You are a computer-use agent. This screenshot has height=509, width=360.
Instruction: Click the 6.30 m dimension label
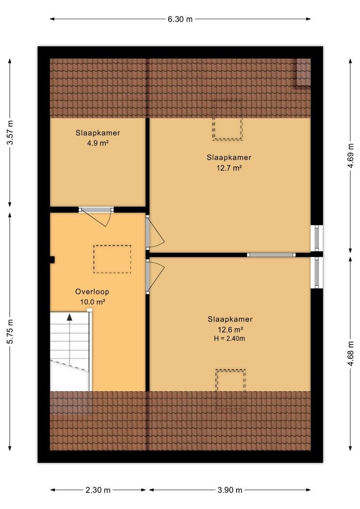(180, 19)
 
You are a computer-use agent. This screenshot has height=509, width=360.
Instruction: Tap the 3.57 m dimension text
(10, 132)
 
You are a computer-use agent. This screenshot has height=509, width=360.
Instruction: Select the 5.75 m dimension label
(10, 331)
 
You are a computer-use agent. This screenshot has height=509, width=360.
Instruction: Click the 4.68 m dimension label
(350, 353)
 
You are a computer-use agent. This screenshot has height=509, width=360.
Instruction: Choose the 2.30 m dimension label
(98, 490)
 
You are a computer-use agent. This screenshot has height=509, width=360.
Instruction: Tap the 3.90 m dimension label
(230, 490)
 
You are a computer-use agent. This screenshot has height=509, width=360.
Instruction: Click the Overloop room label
(92, 292)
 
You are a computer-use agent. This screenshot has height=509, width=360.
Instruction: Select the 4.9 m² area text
(98, 143)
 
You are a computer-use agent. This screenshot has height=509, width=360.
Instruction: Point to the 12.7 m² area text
(229, 168)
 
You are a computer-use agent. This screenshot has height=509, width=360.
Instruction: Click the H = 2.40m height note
(229, 338)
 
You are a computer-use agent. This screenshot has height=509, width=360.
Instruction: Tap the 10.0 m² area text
(92, 302)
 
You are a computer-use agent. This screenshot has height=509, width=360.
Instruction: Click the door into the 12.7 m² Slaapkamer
(155, 232)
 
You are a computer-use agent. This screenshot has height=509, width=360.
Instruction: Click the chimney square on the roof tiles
(302, 74)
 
